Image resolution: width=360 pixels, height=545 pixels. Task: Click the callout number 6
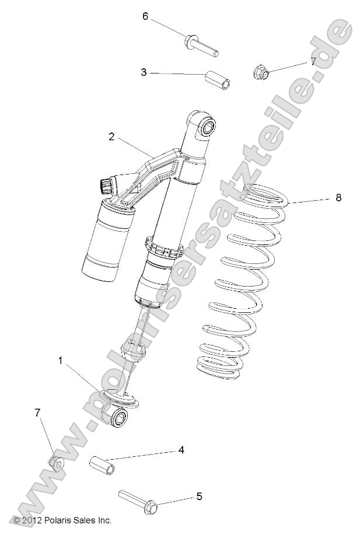[x=146, y=16]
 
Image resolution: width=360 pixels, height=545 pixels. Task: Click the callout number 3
[x=143, y=72]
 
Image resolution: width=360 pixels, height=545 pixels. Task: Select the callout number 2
[x=111, y=137]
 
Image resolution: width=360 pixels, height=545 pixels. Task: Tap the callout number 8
[x=338, y=198]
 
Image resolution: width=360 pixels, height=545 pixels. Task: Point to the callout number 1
[x=60, y=361]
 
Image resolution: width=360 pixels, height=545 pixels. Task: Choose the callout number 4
[x=181, y=450]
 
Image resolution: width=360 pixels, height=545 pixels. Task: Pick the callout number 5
[x=199, y=497]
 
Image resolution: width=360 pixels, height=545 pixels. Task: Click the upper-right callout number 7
[x=313, y=61]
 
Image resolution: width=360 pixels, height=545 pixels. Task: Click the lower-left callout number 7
[x=38, y=413]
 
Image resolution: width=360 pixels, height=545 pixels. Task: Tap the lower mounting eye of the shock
[x=117, y=417]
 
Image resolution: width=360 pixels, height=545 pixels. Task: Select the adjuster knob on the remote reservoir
[x=106, y=185]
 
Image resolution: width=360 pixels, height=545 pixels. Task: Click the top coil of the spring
[x=267, y=195]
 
